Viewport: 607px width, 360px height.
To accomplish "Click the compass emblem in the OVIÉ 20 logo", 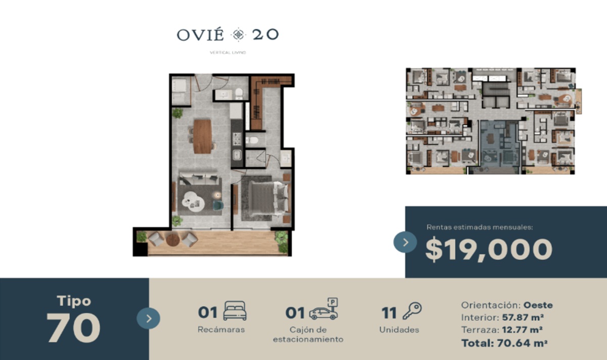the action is (238, 35).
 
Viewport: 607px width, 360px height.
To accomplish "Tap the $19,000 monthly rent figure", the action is (489, 249).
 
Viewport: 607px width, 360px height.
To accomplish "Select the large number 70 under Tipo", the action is (73, 328).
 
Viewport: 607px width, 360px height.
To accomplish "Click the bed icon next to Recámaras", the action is (235, 310).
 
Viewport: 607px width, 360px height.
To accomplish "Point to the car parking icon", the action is (324, 309).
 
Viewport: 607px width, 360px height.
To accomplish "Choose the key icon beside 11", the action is (412, 310).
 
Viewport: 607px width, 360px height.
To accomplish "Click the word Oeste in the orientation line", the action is (538, 305).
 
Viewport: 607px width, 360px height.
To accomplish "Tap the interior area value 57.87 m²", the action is (523, 317).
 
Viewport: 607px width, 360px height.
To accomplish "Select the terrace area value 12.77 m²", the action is (522, 330).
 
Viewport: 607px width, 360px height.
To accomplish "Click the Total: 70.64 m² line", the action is (504, 343).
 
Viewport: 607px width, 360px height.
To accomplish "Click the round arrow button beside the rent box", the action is (405, 242).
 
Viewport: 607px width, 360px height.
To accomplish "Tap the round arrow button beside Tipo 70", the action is (148, 318).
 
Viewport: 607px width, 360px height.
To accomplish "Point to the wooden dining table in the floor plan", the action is (202, 137).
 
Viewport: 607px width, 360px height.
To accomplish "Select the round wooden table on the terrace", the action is (172, 240).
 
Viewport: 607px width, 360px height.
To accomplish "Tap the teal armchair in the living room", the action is (218, 206).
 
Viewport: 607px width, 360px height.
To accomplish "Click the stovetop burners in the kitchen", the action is (237, 139).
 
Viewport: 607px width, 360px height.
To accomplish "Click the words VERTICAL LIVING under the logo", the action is (228, 53).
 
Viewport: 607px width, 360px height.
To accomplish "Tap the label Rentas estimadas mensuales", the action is (480, 227).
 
